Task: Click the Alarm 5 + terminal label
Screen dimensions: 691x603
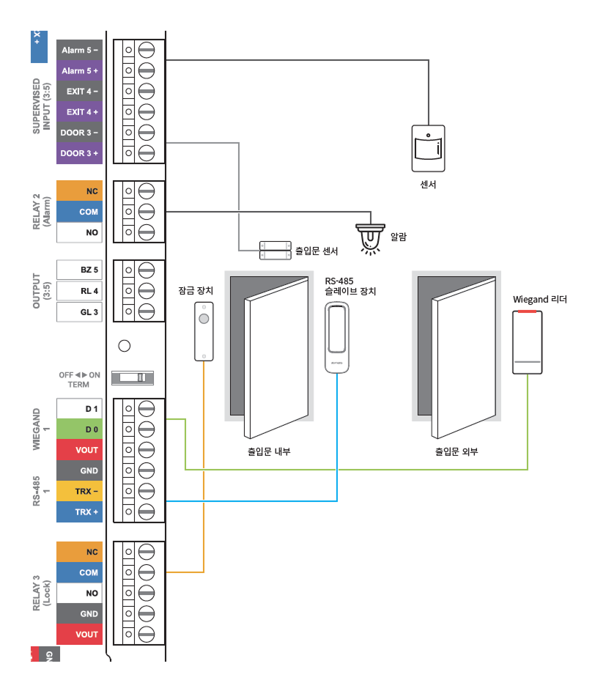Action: (79, 71)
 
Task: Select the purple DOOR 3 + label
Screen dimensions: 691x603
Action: (79, 154)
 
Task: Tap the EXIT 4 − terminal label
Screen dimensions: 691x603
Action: (79, 92)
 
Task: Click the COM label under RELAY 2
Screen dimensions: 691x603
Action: (79, 212)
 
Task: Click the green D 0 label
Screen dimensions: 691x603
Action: (79, 429)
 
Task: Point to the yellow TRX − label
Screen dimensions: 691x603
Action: (79, 491)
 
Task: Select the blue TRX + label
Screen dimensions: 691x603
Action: (79, 511)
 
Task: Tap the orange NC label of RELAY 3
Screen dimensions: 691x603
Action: (79, 552)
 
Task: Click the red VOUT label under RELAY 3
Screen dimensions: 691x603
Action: (79, 635)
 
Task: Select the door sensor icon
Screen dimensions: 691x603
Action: (273, 251)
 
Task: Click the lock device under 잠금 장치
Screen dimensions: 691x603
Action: (204, 332)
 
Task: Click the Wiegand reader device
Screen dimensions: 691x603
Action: (528, 342)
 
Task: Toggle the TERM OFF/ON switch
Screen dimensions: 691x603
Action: (133, 377)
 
